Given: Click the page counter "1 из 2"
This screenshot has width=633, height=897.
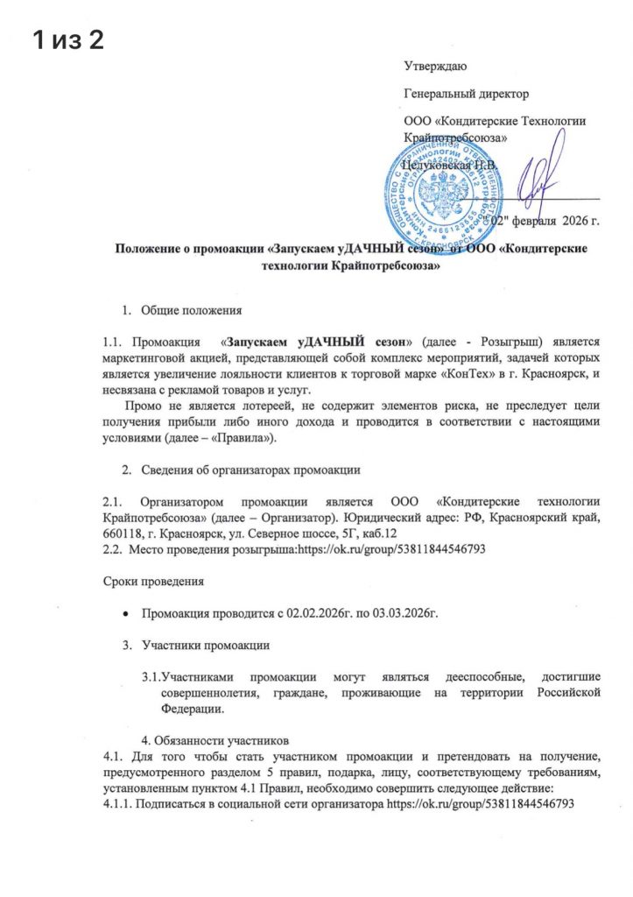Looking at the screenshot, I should click(67, 39).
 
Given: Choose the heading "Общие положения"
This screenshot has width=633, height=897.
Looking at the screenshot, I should click(185, 309).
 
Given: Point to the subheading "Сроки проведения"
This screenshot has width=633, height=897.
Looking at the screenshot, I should click(149, 581).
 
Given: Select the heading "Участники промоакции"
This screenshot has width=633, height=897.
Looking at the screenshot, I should click(206, 646).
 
